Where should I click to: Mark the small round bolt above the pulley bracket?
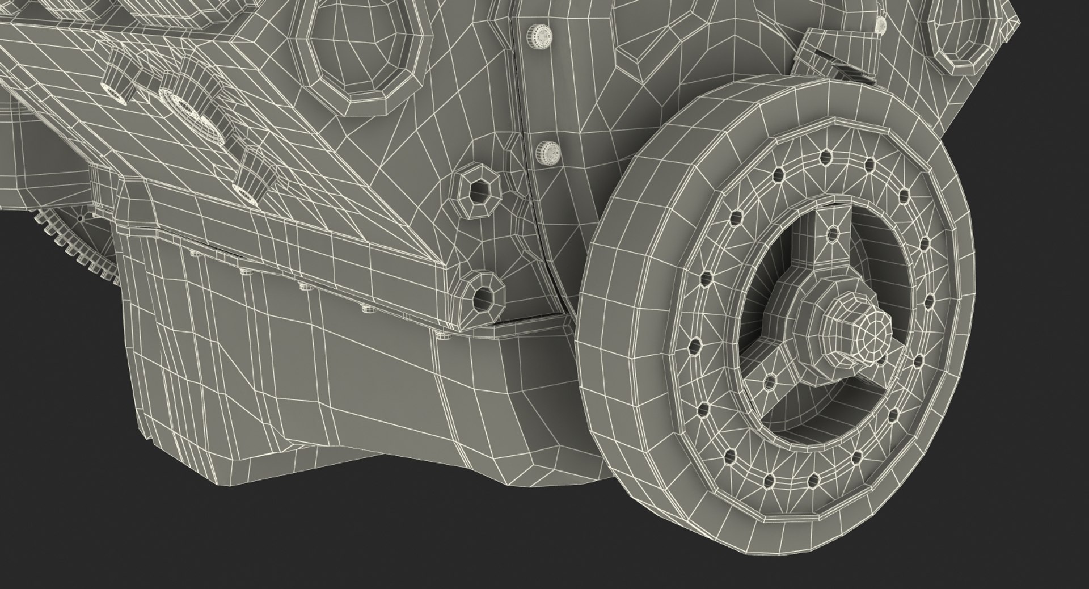coord(880,23)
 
